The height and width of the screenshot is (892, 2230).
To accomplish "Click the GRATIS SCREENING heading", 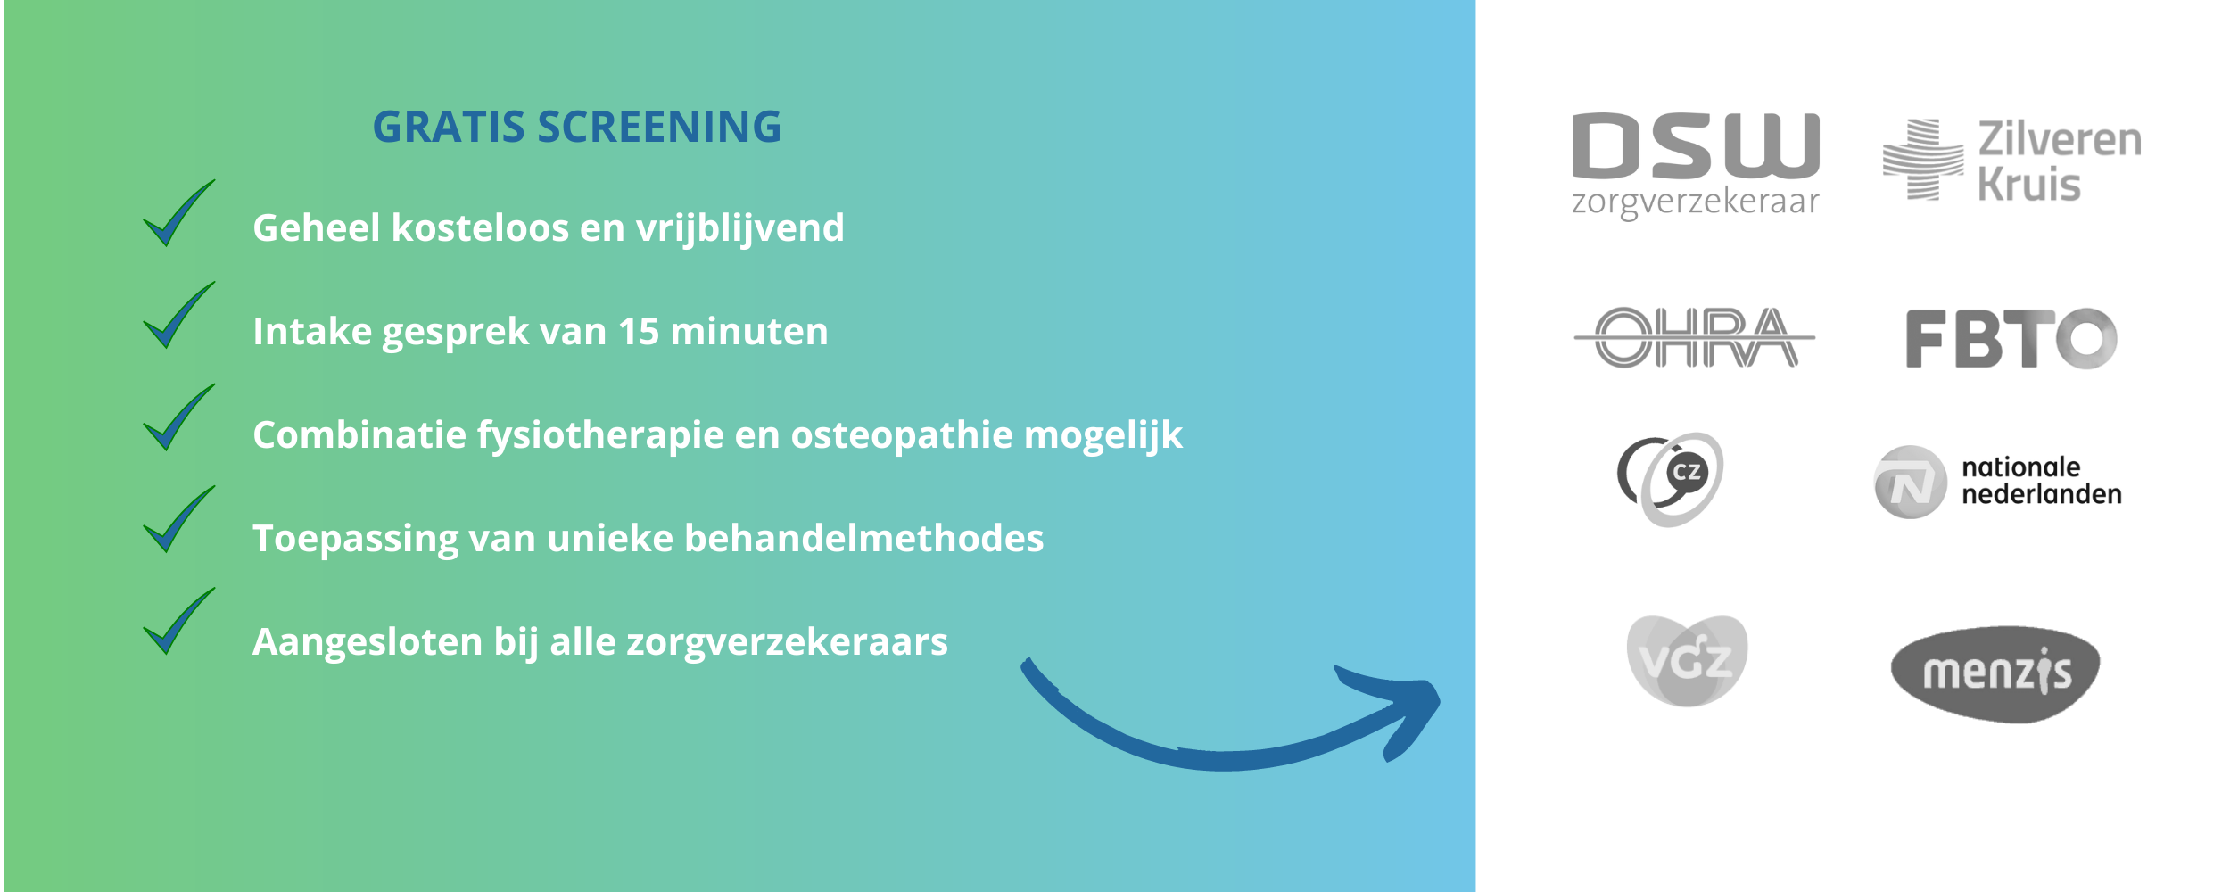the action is pyautogui.click(x=576, y=127).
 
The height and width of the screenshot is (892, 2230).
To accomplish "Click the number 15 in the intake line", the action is pyautogui.click(x=639, y=332).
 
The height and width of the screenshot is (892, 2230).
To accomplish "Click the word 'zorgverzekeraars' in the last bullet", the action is pyautogui.click(x=787, y=643).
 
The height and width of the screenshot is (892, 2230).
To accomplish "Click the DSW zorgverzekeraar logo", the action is pyautogui.click(x=1695, y=166).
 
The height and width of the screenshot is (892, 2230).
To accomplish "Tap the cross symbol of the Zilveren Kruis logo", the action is pyautogui.click(x=1923, y=160).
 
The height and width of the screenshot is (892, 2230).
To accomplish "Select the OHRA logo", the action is pyautogui.click(x=1695, y=337).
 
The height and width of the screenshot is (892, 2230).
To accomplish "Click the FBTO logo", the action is pyautogui.click(x=2011, y=338).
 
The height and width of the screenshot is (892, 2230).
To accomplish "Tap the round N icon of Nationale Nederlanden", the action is pyautogui.click(x=1911, y=482).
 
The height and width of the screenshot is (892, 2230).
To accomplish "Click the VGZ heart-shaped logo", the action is pyautogui.click(x=1687, y=660).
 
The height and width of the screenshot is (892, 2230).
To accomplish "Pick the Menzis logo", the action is pyautogui.click(x=1995, y=673).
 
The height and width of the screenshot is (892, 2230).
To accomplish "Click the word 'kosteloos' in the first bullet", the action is pyautogui.click(x=480, y=228).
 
